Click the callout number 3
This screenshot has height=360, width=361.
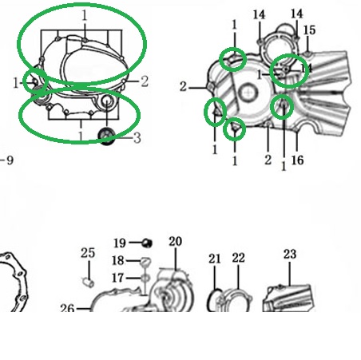[x=137, y=138]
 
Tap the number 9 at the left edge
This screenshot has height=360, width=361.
[x=10, y=160]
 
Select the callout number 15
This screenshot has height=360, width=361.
[x=309, y=30]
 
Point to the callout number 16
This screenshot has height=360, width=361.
[x=297, y=160]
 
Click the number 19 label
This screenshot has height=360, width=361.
[x=120, y=243]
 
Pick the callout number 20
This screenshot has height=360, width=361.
[x=176, y=242]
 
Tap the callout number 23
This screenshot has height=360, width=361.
[x=290, y=254]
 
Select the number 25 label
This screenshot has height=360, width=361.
[x=88, y=253]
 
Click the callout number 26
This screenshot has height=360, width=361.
[x=67, y=309]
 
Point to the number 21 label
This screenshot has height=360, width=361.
[x=215, y=259]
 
